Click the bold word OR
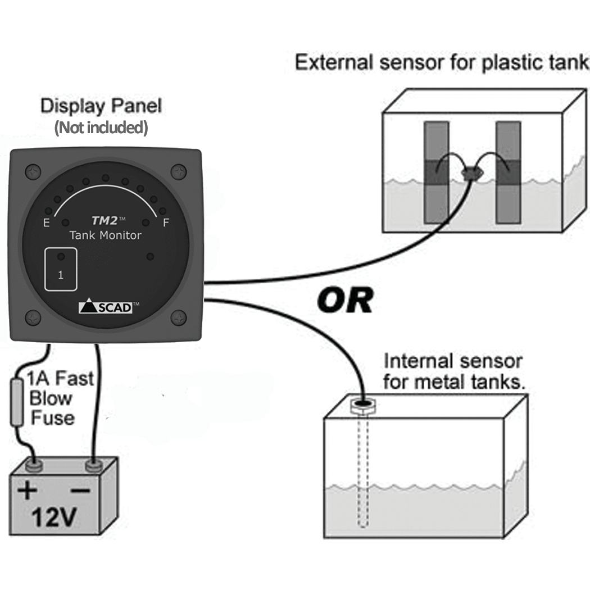[x=344, y=302]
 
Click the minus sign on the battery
[x=80, y=491]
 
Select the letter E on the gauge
[x=46, y=223]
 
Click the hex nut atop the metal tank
[x=363, y=405]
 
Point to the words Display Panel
[x=101, y=106]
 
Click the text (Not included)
[x=101, y=128]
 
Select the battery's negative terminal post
[x=92, y=465]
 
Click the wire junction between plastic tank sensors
[x=471, y=174]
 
